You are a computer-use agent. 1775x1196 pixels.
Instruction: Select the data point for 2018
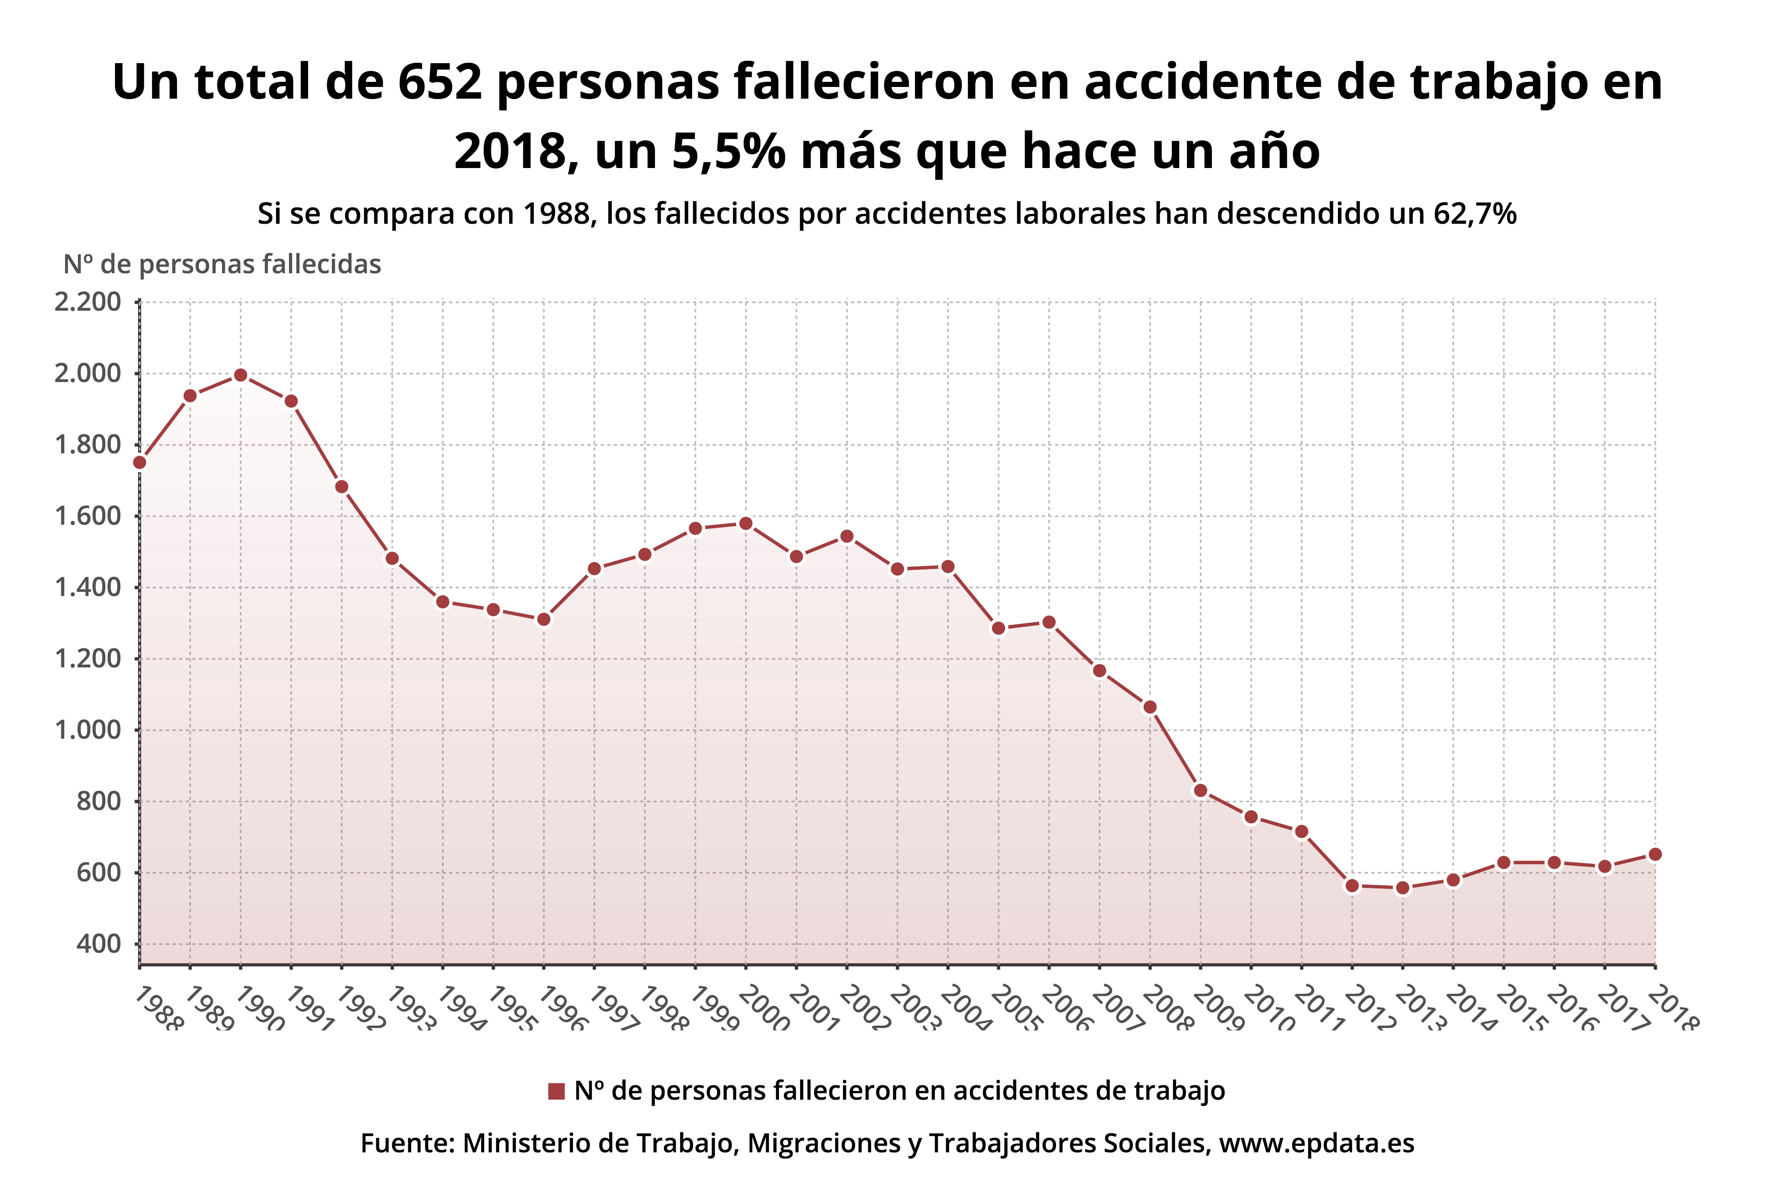1655,854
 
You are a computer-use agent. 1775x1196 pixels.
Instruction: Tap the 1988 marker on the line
140,462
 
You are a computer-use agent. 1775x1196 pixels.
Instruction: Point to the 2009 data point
1200,790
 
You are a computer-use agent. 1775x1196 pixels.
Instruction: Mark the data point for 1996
543,619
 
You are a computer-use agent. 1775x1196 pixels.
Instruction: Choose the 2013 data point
1402,888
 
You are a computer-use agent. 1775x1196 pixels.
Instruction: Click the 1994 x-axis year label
461,1008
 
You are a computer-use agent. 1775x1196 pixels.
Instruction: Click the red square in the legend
556,1091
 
